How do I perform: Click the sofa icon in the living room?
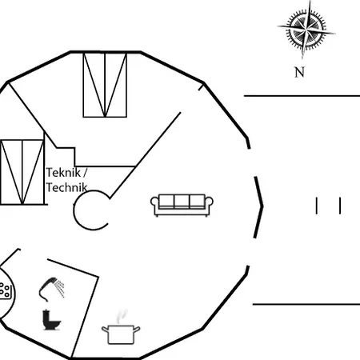182,206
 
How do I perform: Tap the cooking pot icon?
121,334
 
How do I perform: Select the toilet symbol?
51,320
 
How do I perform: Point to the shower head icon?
47,289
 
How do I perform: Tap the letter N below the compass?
299,72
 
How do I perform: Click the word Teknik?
63,173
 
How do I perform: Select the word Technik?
66,187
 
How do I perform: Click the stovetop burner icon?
5,290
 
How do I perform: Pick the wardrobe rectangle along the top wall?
105,85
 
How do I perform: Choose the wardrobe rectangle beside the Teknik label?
22,172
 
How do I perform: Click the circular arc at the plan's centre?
74,210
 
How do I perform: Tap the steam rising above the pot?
121,316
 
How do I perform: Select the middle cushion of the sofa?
182,201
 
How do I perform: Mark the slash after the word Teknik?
85,173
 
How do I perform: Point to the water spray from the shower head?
60,288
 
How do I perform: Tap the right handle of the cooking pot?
137,330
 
